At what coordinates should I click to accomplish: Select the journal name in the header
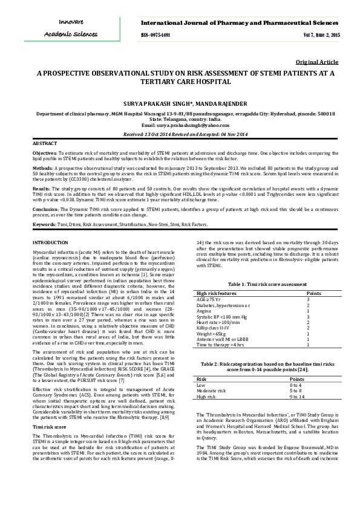(240, 22)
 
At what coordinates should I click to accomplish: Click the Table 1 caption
(264, 284)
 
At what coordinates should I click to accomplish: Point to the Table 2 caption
(264, 366)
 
